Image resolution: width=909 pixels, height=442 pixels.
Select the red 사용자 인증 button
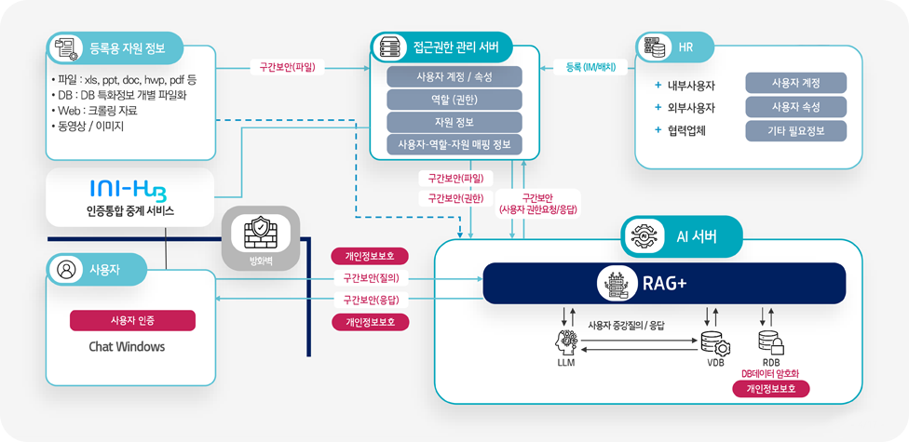(132, 321)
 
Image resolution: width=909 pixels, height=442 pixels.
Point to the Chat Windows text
(127, 347)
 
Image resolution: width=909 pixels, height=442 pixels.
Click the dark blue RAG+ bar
(663, 284)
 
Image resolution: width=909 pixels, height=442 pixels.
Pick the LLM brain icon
(566, 342)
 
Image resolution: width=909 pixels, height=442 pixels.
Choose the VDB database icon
(714, 342)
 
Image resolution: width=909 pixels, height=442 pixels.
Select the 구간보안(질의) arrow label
(371, 277)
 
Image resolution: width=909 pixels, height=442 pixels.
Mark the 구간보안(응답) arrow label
(371, 300)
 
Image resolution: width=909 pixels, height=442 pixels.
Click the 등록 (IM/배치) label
(590, 67)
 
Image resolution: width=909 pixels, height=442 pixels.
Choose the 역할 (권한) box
(454, 100)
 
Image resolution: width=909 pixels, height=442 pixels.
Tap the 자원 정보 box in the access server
(454, 122)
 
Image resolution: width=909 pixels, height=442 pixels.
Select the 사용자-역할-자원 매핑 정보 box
(454, 144)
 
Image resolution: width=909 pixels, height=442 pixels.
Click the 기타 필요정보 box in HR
(795, 130)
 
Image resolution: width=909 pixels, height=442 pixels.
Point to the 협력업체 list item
(686, 130)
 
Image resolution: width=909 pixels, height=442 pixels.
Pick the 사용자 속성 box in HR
(795, 107)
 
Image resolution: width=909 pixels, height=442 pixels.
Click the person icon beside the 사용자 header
(66, 270)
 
